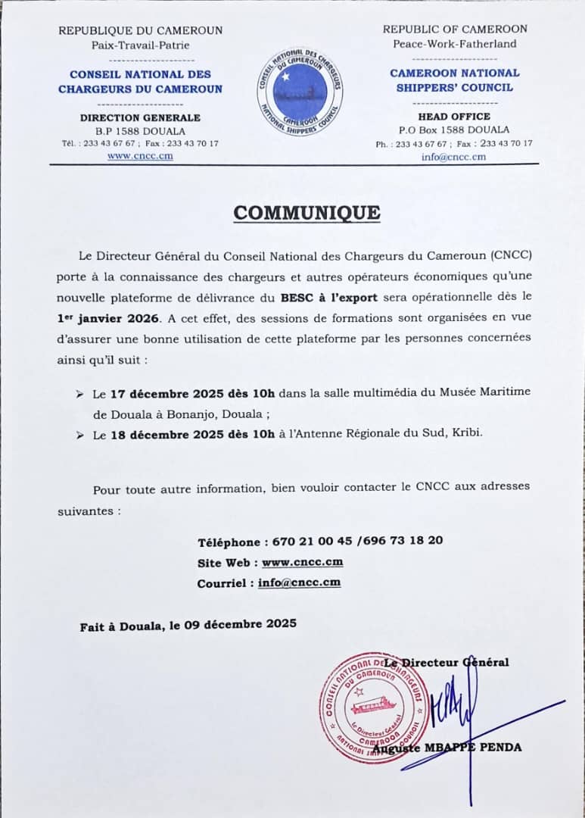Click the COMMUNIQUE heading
tap(307, 213)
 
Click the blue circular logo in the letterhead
tap(300, 92)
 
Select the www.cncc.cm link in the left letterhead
tap(140, 156)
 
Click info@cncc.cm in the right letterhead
tap(454, 157)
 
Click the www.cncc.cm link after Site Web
tap(303, 562)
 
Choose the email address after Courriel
tap(299, 582)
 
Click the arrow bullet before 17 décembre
tap(79, 395)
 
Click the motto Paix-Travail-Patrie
tap(140, 45)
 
